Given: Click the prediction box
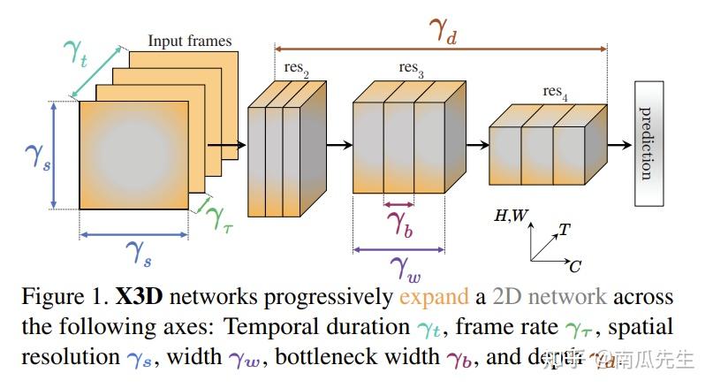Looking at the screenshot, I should click(x=649, y=142).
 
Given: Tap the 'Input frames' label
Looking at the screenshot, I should click(x=189, y=41).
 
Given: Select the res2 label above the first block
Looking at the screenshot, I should click(x=297, y=68).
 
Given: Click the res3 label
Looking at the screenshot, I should click(x=409, y=68).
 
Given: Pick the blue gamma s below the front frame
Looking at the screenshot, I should click(x=133, y=256).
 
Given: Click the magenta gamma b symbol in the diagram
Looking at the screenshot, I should click(x=399, y=221).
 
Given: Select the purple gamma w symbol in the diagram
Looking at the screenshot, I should click(x=406, y=263).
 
